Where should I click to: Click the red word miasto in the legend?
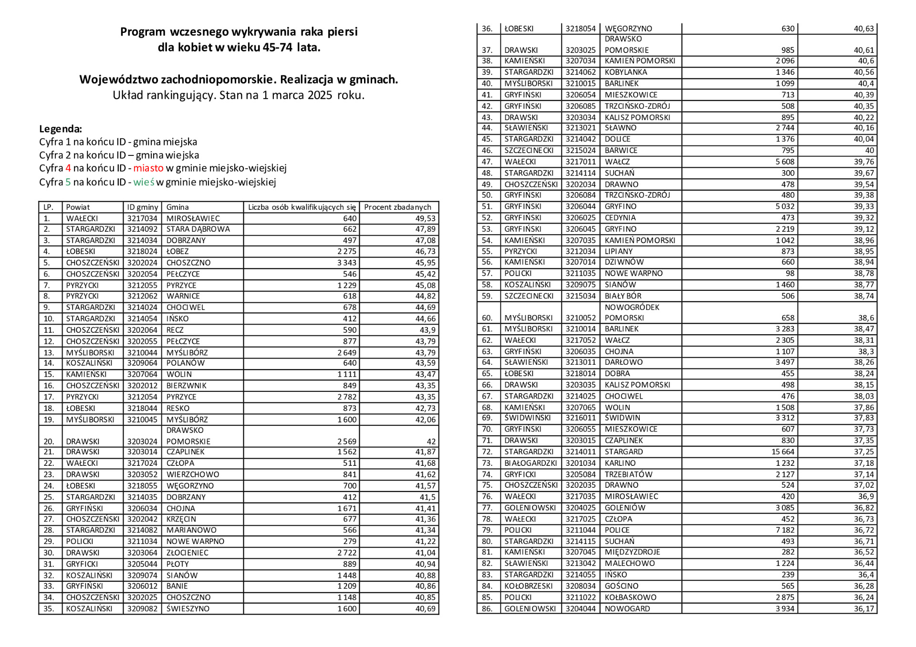pos(148,168)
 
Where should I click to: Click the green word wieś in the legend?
pos(144,182)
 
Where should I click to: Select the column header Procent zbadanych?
pos(397,207)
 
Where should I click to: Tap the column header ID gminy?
pos(142,207)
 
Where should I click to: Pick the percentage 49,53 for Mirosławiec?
pos(426,218)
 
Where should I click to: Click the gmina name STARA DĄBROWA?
pos(198,229)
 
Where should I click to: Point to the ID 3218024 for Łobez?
pos(142,251)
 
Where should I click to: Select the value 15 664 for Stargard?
pos(783,452)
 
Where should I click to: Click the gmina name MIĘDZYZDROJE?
pos(632,552)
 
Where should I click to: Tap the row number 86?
pos(487,609)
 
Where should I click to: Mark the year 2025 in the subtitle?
pos(320,95)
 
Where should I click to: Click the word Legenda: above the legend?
pos(61,129)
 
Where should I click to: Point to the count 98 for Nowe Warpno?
pos(790,274)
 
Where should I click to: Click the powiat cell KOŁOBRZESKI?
pos(529,586)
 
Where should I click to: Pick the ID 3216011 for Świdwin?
pos(581,418)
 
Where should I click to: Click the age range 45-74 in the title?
pos(277,47)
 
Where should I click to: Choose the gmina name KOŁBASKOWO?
pos(630,597)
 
